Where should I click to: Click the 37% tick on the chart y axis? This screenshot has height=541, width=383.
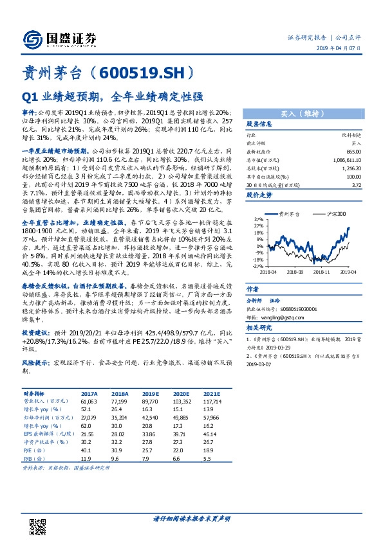click(x=256, y=219)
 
